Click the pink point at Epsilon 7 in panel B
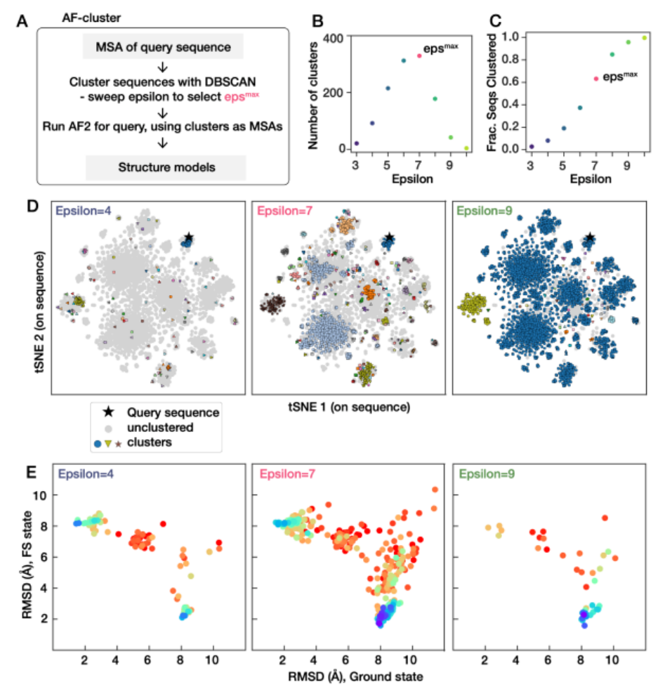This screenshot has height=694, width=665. pos(419,55)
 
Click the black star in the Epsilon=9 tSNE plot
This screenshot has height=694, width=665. pos(590,239)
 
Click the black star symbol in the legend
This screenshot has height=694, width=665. pos(106,413)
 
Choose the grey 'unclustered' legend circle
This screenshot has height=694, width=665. pos(106,427)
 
